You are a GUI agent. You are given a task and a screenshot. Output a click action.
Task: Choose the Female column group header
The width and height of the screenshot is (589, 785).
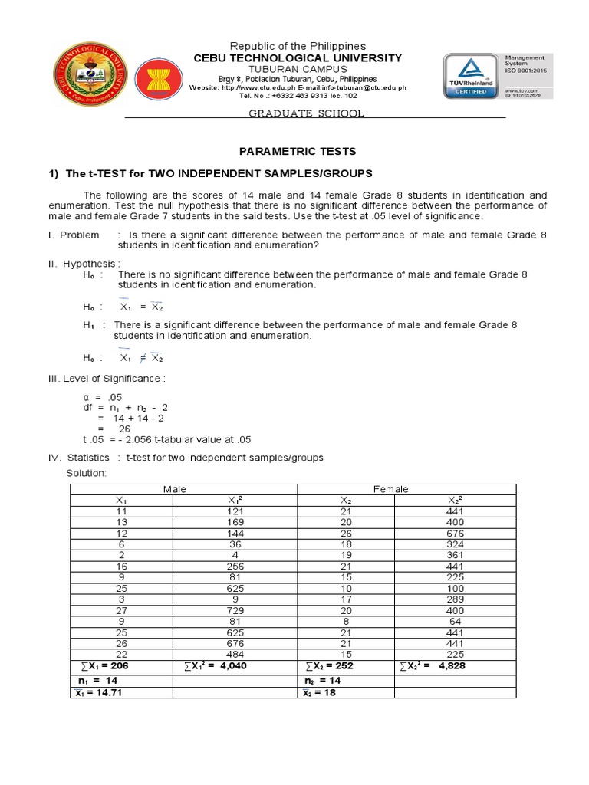click(390, 489)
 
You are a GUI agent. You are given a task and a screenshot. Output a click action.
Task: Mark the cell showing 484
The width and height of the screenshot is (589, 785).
click(235, 654)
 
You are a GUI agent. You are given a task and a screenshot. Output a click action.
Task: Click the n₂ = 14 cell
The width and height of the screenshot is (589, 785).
click(323, 680)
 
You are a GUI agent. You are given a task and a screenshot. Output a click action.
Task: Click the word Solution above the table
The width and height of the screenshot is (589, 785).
click(87, 473)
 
